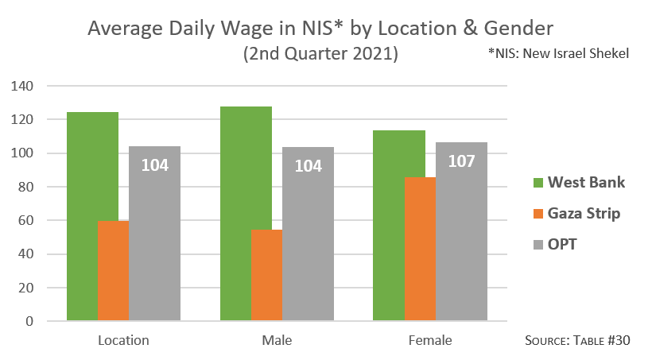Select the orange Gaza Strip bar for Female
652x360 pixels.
[421, 250]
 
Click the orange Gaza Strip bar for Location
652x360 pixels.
[113, 271]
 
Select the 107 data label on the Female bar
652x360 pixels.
[461, 161]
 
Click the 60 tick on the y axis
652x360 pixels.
[37, 221]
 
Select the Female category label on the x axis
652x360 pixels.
[430, 341]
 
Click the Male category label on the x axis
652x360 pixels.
[277, 341]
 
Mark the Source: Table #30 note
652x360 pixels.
[578, 341]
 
